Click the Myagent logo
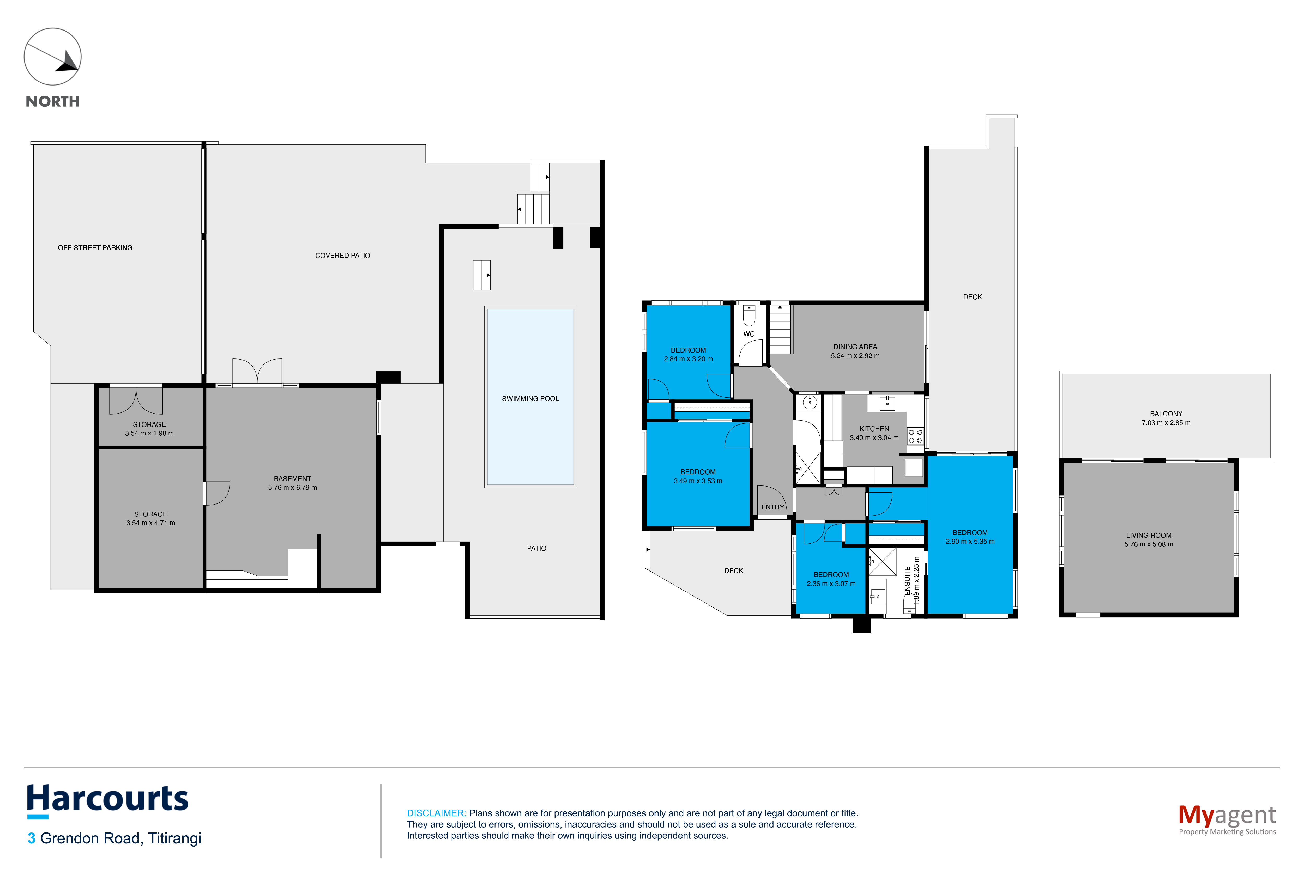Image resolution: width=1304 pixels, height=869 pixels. [x=1227, y=819]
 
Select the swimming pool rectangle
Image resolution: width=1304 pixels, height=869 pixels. [x=530, y=397]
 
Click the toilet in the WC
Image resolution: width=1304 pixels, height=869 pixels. [x=749, y=316]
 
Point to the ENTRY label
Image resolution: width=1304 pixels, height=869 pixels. [x=772, y=507]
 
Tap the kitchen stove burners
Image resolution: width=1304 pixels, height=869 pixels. [x=915, y=436]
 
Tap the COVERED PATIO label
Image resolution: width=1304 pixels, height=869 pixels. [x=343, y=256]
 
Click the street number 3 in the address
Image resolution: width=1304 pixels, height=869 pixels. [x=32, y=838]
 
